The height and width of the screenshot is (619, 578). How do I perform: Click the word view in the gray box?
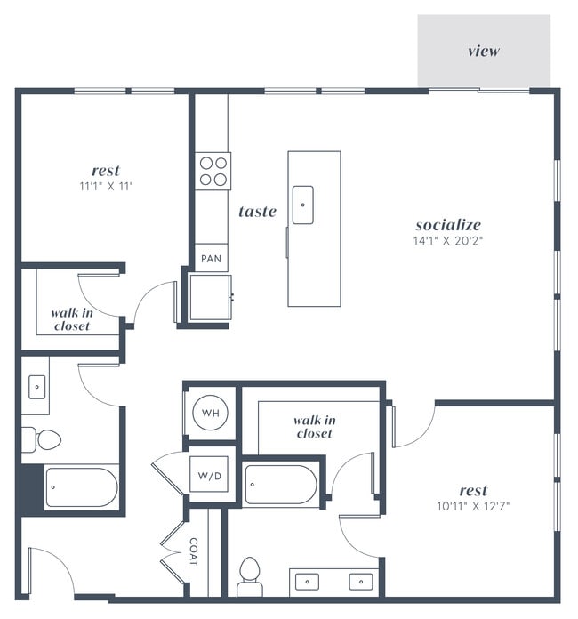484,51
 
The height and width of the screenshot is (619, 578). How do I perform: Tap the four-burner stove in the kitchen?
213,171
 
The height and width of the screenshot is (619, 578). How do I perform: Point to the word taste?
257,212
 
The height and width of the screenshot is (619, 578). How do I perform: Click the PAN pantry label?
211,259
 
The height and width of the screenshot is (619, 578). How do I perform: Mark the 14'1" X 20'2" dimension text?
447,240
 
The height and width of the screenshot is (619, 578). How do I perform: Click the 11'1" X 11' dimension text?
105,187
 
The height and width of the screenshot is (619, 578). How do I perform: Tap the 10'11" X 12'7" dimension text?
472,506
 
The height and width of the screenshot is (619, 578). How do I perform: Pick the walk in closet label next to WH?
315,426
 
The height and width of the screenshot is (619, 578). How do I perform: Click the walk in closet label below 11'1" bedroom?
70,319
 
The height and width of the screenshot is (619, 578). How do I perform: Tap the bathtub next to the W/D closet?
279,486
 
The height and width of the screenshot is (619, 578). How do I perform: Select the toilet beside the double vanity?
250,576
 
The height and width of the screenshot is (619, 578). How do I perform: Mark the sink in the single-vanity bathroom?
36,387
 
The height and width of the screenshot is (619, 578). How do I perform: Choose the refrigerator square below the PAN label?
210,297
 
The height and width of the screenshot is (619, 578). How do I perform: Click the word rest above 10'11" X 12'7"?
473,490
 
